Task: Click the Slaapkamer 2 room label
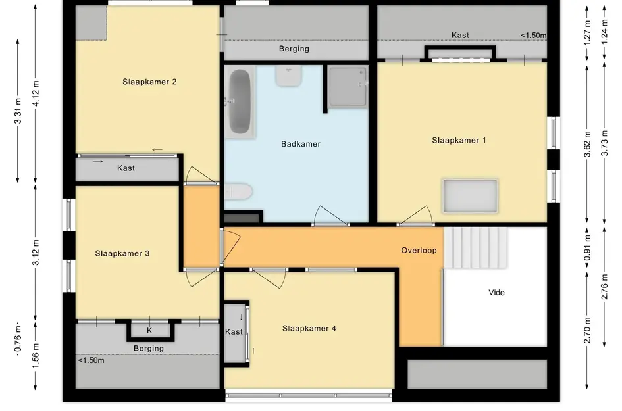pyautogui.click(x=149, y=82)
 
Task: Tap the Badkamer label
pyautogui.click(x=301, y=144)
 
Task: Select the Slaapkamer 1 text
pyautogui.click(x=459, y=140)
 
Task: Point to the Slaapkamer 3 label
pyautogui.click(x=122, y=254)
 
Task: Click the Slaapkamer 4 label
pyautogui.click(x=309, y=329)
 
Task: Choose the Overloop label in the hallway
pyautogui.click(x=419, y=250)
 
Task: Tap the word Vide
pyautogui.click(x=497, y=293)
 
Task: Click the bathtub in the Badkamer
pyautogui.click(x=240, y=102)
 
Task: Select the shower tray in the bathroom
pyautogui.click(x=348, y=87)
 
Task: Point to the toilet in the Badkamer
pyautogui.click(x=238, y=192)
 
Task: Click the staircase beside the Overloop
pyautogui.click(x=475, y=248)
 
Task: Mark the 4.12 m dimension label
pyautogui.click(x=36, y=93)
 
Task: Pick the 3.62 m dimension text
pyautogui.click(x=588, y=144)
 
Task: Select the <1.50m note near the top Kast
pyautogui.click(x=534, y=36)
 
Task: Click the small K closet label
pyautogui.click(x=149, y=331)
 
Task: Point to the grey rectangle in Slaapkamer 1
pyautogui.click(x=470, y=196)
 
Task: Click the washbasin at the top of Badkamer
pyautogui.click(x=289, y=76)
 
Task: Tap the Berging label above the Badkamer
pyautogui.click(x=294, y=49)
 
